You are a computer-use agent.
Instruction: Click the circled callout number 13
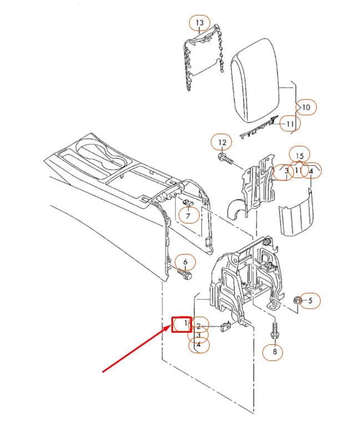coord(200,23)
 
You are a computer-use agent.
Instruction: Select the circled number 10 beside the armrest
coord(306,106)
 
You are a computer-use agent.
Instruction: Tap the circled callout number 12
coord(222,143)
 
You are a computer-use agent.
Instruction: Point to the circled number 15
coord(300,156)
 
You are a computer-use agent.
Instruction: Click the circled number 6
coord(186,262)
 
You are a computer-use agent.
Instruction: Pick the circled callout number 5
coord(310,301)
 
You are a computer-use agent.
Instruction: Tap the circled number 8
coord(273,351)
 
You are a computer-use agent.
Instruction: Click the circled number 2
coord(199,327)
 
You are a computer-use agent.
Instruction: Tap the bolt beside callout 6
coord(185,273)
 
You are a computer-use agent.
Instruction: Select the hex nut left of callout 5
coord(297,300)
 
